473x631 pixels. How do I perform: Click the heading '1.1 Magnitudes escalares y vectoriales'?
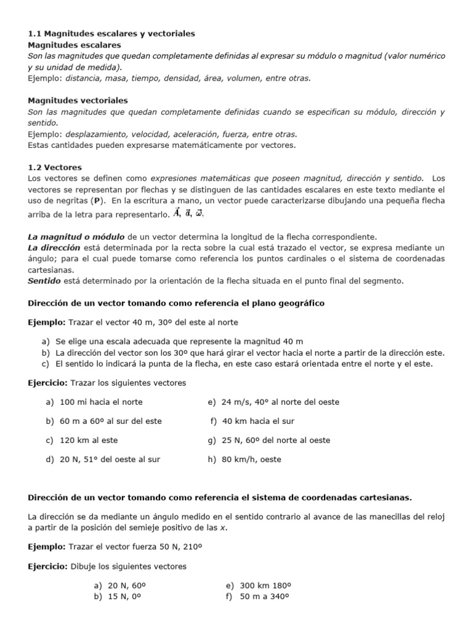pyautogui.click(x=111, y=33)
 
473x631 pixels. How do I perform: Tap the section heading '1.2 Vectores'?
pyautogui.click(x=55, y=167)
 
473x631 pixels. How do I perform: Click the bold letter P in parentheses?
pyautogui.click(x=95, y=201)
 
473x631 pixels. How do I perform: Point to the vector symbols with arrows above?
pyautogui.click(x=189, y=213)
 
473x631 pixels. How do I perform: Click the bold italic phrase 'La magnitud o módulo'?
pyautogui.click(x=76, y=236)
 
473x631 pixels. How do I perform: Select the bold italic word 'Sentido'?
pyautogui.click(x=44, y=280)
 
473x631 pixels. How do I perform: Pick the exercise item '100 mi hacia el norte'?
pyautogui.click(x=101, y=402)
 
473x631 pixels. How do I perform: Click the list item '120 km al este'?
pyautogui.click(x=89, y=440)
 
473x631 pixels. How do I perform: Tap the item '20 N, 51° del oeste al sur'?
pyautogui.click(x=110, y=459)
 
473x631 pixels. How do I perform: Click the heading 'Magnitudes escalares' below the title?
pyautogui.click(x=75, y=45)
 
